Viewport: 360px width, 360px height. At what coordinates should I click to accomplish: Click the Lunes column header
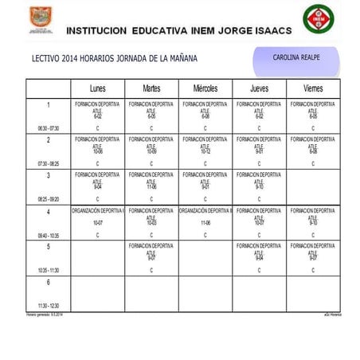(97, 88)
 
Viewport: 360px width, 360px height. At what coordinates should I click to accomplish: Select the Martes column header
(151, 88)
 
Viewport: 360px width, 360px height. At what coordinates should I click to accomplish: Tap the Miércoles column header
(205, 88)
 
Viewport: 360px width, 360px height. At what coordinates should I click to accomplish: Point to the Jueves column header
(259, 88)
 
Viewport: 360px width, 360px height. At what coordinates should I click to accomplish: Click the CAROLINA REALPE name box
(295, 58)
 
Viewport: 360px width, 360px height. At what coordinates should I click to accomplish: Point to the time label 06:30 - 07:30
(48, 128)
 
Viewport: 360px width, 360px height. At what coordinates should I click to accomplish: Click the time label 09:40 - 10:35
(48, 236)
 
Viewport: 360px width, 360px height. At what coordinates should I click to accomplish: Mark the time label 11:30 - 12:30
(48, 306)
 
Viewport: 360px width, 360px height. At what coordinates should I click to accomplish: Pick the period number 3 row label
(48, 175)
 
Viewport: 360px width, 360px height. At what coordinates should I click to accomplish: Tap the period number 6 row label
(48, 282)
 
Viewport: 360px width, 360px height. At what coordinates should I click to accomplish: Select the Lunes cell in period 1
(97, 115)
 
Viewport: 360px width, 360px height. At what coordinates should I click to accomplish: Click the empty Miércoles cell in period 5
(205, 258)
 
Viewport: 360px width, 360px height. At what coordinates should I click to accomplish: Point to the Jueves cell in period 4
(259, 222)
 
